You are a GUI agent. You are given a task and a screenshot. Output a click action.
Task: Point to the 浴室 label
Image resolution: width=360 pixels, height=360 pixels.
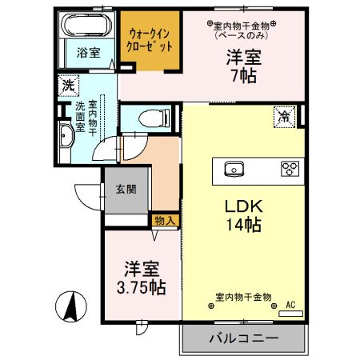[x=88, y=54]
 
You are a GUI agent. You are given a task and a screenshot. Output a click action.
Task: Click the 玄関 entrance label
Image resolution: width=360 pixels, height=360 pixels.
[x=126, y=190]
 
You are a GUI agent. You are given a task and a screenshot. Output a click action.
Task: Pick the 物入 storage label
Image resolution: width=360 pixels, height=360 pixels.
[x=165, y=219]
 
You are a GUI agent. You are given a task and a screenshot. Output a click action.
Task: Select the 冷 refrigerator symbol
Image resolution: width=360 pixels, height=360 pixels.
[x=284, y=116]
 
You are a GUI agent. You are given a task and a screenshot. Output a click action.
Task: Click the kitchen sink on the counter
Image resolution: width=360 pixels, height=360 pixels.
[x=234, y=169]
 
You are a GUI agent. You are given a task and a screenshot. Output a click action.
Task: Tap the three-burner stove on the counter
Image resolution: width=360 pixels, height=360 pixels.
[x=288, y=169]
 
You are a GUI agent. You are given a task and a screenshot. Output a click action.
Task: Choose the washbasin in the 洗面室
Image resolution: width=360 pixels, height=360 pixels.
[x=66, y=138]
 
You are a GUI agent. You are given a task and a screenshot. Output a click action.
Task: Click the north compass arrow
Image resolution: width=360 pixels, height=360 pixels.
[x=70, y=305]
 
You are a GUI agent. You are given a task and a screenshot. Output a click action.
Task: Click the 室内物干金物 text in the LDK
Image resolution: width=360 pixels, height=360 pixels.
[x=244, y=298]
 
